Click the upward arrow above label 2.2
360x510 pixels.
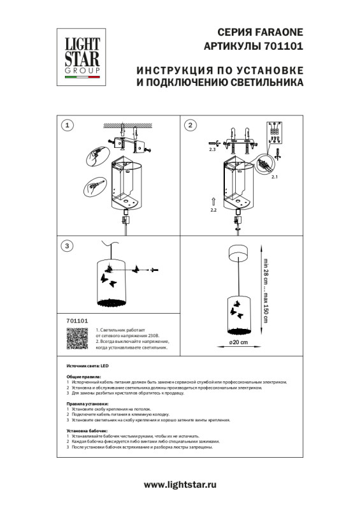213,200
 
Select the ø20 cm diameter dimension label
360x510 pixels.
238,342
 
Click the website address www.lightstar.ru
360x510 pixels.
180,484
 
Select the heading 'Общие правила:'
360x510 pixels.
82,377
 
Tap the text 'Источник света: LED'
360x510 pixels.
80,367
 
